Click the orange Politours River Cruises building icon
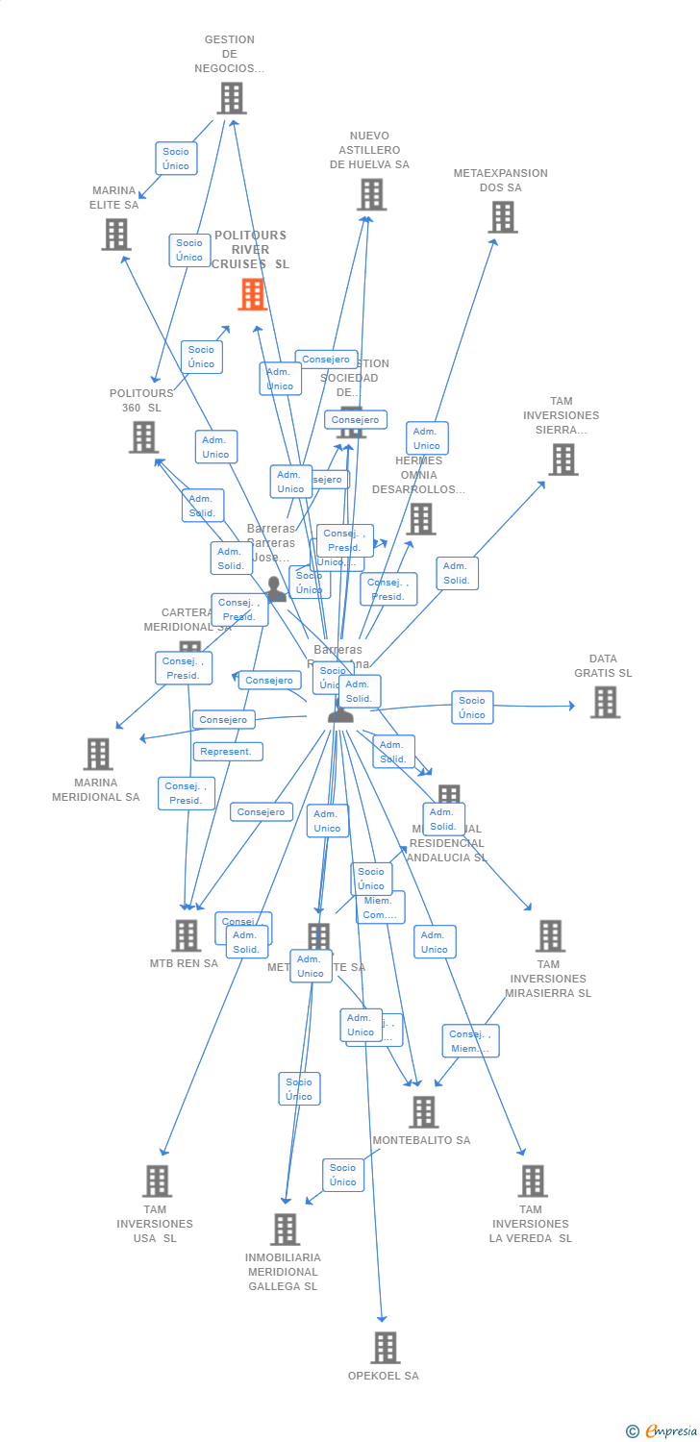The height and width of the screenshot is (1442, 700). pos(253,294)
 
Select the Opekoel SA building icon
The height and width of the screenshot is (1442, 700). pos(386,1348)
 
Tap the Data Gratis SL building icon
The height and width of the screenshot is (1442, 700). pos(605,702)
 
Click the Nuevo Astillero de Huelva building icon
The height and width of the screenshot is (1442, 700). pos(371,194)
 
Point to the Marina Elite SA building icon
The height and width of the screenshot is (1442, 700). pos(115,234)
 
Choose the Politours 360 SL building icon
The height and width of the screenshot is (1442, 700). pos(143,437)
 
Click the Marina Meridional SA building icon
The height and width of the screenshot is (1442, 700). pos(98,755)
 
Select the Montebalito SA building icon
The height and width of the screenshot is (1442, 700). pos(423,1112)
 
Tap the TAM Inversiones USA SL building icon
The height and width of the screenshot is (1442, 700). pos(157,1181)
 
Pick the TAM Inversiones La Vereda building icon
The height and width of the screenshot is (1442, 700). pos(532,1181)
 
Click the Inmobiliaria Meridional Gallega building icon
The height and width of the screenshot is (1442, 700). pos(285,1230)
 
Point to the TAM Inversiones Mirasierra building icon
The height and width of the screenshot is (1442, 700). pos(550,936)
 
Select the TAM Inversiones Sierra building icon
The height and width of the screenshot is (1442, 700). pos(563,460)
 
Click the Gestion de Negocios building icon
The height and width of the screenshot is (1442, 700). pos(231,98)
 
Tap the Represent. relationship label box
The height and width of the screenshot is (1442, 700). pos(228,752)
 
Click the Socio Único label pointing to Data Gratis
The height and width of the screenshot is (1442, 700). pos(472,708)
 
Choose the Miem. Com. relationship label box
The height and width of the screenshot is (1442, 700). pos(380,907)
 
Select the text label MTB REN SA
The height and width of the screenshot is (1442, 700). pos(184,963)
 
